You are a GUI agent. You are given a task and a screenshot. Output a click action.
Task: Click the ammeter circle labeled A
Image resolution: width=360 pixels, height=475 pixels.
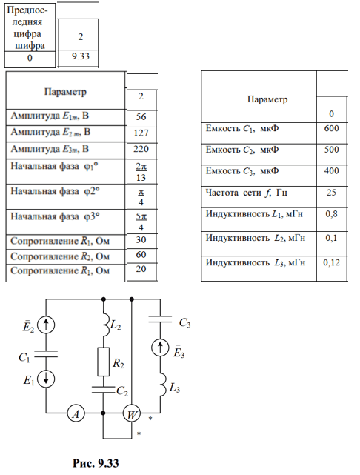pos(76,413)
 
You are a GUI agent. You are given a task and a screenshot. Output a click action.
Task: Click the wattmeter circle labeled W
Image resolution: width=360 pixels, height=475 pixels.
pos(132,413)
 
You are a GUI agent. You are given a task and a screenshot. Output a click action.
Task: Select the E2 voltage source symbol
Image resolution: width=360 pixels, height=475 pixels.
pos(46,325)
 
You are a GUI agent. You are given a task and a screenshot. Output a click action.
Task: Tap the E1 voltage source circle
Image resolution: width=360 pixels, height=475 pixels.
pos(46,379)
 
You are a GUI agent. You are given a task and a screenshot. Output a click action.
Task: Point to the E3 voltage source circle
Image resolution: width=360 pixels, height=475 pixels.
pos(160,347)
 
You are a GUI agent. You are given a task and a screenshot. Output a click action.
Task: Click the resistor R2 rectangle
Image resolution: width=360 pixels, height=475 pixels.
pos(103,362)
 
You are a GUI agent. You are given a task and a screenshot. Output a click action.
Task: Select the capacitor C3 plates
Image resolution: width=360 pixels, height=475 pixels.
pos(160,319)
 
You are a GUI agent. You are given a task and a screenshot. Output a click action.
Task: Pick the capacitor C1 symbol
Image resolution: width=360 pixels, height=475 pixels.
pos(46,354)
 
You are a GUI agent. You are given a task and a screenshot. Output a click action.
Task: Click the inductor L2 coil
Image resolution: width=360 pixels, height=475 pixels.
pos(106,325)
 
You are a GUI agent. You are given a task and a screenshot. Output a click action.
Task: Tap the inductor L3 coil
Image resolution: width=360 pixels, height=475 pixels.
pos(162,384)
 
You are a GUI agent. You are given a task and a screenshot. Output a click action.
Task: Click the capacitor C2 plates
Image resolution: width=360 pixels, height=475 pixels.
pos(103,390)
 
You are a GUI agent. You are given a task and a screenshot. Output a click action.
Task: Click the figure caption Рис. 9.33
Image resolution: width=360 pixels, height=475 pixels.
pos(96,463)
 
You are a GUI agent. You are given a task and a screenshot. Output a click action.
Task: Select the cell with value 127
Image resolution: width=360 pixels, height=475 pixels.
pos(141,133)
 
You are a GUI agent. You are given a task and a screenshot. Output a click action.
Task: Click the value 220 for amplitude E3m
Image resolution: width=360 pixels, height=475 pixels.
pos(141,149)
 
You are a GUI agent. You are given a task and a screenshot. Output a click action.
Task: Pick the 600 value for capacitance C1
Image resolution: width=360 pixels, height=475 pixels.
pos(331,128)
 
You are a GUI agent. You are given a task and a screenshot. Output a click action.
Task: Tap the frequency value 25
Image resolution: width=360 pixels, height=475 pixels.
pos(331,193)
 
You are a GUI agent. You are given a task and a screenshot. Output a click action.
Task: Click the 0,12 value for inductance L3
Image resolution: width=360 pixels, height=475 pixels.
pos(331,262)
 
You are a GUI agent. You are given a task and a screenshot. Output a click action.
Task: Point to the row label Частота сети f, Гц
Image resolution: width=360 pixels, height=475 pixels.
pos(247,193)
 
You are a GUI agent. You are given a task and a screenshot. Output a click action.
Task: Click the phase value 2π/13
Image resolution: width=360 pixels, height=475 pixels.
pos(141,172)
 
